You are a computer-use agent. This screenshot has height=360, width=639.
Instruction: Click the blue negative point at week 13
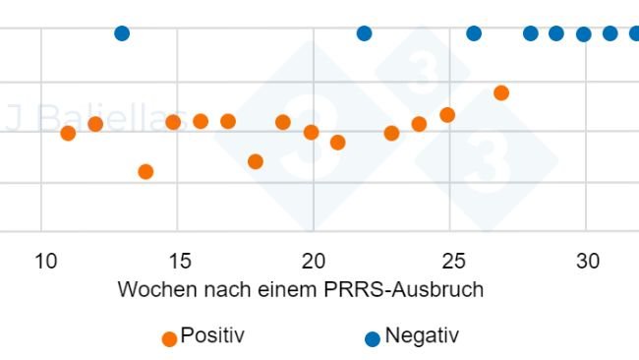(122, 33)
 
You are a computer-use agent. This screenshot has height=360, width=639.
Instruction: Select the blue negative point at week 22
(364, 33)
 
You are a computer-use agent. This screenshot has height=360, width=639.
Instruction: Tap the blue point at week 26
(474, 33)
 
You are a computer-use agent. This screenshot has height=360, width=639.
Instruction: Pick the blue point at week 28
(531, 33)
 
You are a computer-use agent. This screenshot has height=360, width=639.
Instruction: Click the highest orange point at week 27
(501, 92)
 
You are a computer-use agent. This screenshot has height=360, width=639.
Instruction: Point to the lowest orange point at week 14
(145, 172)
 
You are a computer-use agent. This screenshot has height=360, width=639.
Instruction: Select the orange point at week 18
(256, 161)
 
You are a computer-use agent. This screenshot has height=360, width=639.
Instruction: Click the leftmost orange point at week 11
(68, 134)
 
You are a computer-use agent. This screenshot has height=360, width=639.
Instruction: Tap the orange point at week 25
(447, 115)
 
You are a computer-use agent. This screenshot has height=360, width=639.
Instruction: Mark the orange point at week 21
(337, 143)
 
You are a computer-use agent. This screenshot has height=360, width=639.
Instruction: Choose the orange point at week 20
(311, 133)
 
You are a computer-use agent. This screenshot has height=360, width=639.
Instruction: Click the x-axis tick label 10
(45, 262)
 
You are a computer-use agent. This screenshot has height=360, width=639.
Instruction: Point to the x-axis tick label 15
(178, 262)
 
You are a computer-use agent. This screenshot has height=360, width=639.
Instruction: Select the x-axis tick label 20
(314, 262)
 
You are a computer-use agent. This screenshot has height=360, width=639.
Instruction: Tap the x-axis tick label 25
(450, 262)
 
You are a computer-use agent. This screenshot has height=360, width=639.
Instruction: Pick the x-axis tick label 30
(587, 262)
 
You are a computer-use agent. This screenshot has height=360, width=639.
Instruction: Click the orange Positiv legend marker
(169, 338)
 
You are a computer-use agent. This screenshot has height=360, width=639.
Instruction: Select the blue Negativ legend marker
(372, 338)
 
